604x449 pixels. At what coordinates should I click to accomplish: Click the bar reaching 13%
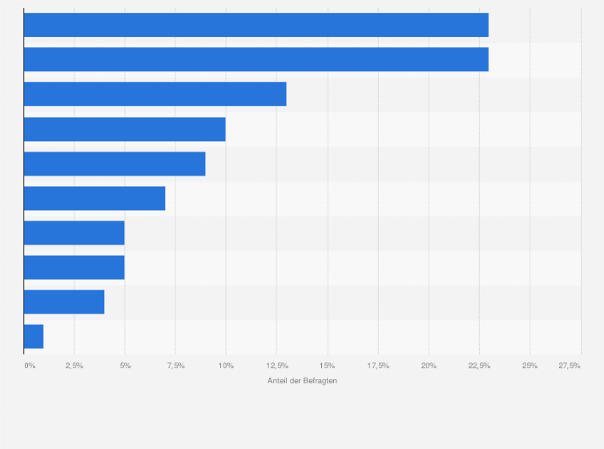[155, 94]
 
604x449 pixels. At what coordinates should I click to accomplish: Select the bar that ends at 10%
[124, 129]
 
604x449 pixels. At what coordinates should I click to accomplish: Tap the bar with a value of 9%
[115, 164]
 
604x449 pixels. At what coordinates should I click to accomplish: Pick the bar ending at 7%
[95, 198]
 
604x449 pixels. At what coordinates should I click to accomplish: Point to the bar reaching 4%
[64, 301]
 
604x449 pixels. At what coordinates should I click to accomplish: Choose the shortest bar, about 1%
[34, 336]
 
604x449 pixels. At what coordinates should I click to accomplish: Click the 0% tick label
[30, 366]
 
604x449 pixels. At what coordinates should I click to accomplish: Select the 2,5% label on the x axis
[74, 366]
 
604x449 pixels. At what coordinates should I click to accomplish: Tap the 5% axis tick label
[125, 366]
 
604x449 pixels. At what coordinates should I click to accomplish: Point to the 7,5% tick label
[175, 366]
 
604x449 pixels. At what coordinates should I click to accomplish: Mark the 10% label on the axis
[226, 366]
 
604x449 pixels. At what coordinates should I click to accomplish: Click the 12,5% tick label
[276, 366]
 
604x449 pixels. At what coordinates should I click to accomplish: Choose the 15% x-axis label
[327, 366]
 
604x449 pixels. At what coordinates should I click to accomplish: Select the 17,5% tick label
[378, 366]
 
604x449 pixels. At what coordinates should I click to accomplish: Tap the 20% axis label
[429, 366]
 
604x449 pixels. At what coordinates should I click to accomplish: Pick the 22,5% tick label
[479, 366]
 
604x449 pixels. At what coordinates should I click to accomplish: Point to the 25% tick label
[530, 366]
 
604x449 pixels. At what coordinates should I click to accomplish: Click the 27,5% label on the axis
[570, 366]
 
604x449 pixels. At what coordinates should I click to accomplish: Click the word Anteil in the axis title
[277, 380]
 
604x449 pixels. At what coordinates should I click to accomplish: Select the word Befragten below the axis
[320, 380]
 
